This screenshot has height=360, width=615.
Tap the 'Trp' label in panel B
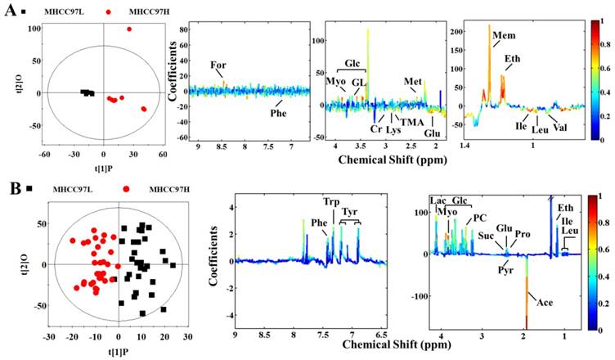tap(330, 201)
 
